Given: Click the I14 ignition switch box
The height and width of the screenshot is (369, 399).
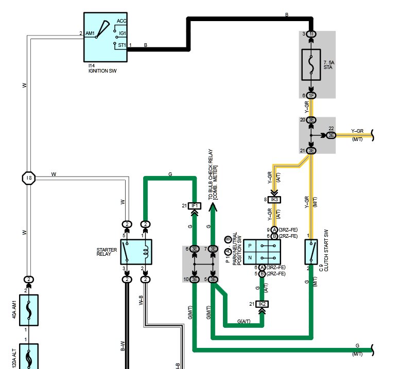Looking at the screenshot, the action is (x=106, y=37).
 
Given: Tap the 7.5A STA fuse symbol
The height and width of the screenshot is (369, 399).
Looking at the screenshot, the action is (x=311, y=65).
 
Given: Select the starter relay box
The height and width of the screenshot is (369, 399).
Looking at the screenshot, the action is (x=136, y=252).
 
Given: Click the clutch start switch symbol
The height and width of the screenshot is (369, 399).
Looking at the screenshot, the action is (x=311, y=252).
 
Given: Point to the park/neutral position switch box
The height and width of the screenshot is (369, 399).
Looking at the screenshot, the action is (x=262, y=252).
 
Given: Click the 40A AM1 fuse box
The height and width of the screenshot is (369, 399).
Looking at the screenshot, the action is (x=29, y=310).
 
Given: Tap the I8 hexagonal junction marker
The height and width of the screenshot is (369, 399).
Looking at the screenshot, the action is (x=29, y=178).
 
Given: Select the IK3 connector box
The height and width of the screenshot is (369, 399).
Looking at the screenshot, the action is (x=274, y=200).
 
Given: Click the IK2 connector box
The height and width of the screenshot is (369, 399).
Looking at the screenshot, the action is (x=262, y=304).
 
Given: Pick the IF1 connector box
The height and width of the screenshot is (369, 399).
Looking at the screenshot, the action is (x=195, y=206).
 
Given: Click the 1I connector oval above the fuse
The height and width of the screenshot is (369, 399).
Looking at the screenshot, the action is (x=311, y=34).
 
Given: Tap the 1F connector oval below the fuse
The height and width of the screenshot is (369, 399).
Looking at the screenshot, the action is (x=311, y=95).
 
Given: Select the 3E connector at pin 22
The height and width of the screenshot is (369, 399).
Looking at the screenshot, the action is (x=331, y=135).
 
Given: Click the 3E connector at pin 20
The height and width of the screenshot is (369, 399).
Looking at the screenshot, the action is (x=311, y=120).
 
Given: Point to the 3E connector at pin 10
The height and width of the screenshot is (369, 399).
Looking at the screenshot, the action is (x=195, y=279).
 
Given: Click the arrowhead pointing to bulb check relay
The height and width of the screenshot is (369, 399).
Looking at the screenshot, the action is (x=213, y=207).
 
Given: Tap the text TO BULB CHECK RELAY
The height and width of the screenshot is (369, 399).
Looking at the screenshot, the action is (x=210, y=174).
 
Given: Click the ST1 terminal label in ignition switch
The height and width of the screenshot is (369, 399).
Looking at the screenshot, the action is (x=122, y=45).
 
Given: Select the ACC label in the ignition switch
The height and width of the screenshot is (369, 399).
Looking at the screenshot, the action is (x=122, y=21).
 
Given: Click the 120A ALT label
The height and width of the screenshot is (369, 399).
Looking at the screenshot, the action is (x=14, y=359).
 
